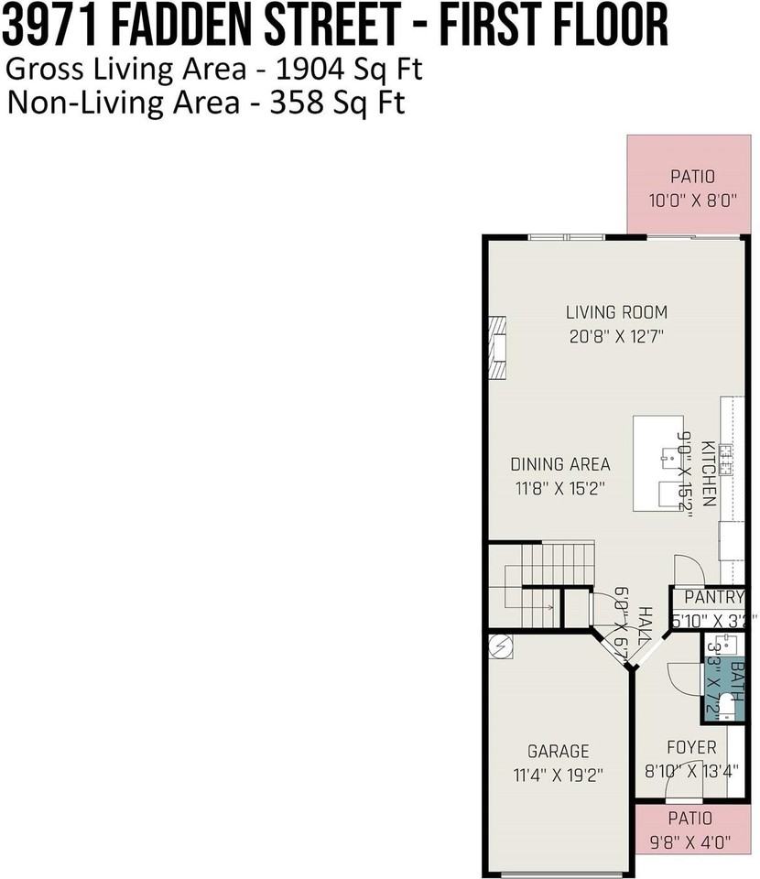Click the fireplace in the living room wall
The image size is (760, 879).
pos(496,349)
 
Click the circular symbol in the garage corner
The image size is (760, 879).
pos(500,646)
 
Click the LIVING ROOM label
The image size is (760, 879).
pos(616,311)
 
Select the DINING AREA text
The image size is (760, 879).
pos(559,464)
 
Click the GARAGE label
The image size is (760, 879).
pos(558,751)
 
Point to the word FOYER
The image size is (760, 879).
pos(691,747)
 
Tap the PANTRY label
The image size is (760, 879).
pos(713,597)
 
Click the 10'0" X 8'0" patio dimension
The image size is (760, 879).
pos(691,200)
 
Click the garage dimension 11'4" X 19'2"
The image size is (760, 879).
pos(558,775)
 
